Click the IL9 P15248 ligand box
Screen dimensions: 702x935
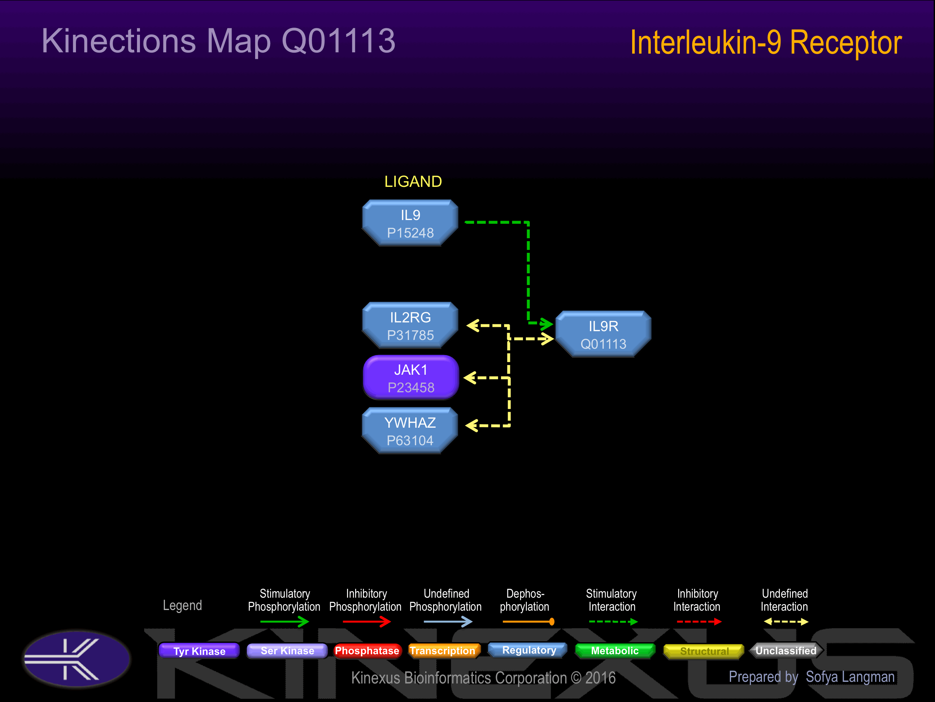pos(410,223)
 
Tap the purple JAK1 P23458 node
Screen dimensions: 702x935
pos(411,378)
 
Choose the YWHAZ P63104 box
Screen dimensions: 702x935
pos(410,431)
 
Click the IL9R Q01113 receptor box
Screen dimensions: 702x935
pos(603,334)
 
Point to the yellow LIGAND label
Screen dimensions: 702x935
pos(413,182)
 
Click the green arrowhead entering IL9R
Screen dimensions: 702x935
pos(547,324)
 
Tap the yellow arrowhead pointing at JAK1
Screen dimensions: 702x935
pos(470,378)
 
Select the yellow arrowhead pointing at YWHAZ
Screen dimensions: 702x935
pos(472,425)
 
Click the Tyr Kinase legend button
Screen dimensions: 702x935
pos(199,651)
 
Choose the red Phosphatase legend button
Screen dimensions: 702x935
pos(367,650)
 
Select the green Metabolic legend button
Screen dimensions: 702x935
pos(615,650)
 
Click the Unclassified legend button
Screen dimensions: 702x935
pos(786,650)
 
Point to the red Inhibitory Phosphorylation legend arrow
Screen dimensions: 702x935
pos(367,622)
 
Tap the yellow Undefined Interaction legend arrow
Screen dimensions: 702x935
pos(786,622)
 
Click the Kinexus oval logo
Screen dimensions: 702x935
pos(77,659)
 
